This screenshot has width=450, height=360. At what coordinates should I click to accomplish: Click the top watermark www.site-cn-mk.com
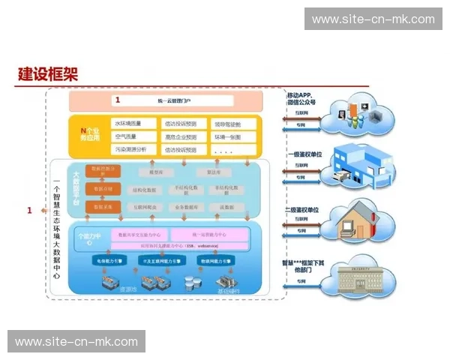[x=373, y=19]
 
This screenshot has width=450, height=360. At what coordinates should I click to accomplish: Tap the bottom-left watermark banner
[x=76, y=342]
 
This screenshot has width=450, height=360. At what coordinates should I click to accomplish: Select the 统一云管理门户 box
[x=164, y=100]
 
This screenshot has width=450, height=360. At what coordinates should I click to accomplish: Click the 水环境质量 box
[x=134, y=124]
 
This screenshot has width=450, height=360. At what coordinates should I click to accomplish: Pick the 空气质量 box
[x=134, y=136]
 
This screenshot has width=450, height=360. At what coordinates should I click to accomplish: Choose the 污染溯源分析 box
[x=134, y=149]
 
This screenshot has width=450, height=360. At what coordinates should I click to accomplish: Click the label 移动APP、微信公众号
[x=301, y=98]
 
